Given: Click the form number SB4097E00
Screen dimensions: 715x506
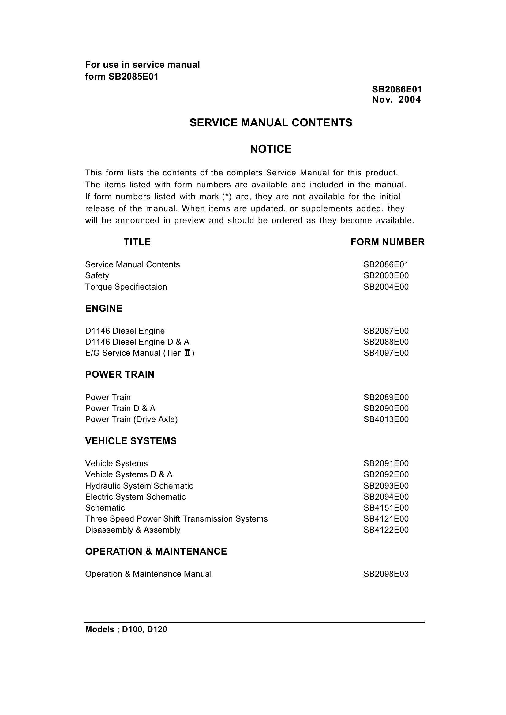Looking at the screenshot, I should pyautogui.click(x=386, y=353).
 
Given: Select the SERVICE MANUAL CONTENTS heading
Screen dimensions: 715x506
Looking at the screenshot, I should pyautogui.click(x=271, y=123).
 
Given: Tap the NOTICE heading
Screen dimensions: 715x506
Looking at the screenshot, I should pyautogui.click(x=271, y=149).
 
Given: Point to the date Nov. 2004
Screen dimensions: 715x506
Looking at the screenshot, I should pyautogui.click(x=396, y=100).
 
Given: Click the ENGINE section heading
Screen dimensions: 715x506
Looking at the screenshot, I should pyautogui.click(x=104, y=309).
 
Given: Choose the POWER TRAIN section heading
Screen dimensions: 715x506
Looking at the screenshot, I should pyautogui.click(x=120, y=374).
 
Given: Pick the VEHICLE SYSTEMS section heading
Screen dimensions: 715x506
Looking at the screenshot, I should pyautogui.click(x=131, y=441).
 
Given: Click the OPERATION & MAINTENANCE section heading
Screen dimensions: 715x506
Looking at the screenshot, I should pyautogui.click(x=156, y=552).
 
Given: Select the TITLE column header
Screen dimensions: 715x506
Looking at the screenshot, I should pyautogui.click(x=137, y=242).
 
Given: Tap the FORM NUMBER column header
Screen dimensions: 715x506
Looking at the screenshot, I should pyautogui.click(x=388, y=242).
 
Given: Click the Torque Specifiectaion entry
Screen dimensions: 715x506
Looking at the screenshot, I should pyautogui.click(x=126, y=286).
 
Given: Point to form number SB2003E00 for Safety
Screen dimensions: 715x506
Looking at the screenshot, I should pyautogui.click(x=386, y=275).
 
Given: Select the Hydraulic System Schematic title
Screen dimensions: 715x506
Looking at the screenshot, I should pyautogui.click(x=139, y=486).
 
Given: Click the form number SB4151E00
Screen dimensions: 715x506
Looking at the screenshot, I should pyautogui.click(x=386, y=508).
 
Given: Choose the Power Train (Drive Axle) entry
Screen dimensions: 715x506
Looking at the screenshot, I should pyautogui.click(x=132, y=419).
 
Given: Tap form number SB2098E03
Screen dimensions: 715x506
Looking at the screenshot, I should pyautogui.click(x=386, y=574).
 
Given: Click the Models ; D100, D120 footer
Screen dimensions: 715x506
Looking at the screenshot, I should pyautogui.click(x=126, y=629).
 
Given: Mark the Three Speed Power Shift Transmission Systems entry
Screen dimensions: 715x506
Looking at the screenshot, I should pyautogui.click(x=176, y=519).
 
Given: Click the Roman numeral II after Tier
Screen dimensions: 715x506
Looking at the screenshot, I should pyautogui.click(x=187, y=353).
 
